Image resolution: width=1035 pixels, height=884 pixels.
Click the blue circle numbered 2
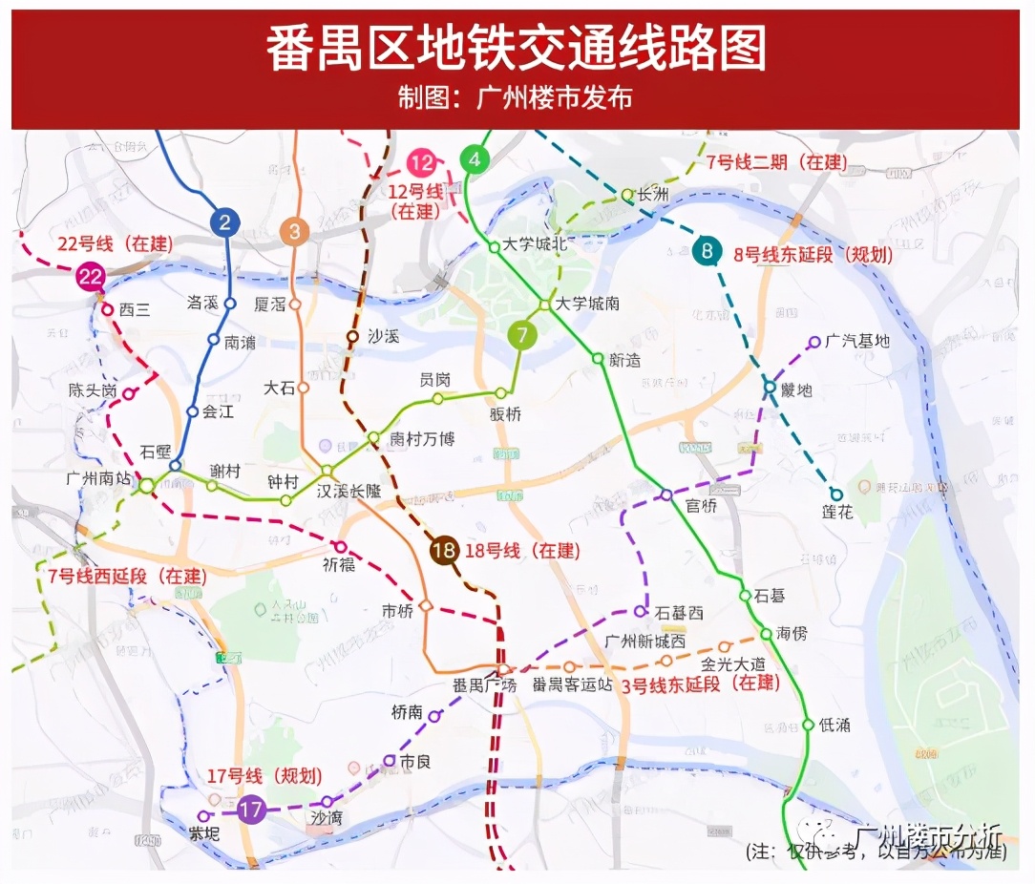(x=224, y=223)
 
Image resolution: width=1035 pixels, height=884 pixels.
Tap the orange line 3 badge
(x=294, y=231)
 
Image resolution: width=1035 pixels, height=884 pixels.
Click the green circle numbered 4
(x=475, y=159)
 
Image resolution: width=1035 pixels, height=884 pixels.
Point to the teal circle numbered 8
(x=708, y=252)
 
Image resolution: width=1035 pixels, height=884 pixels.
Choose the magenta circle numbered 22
(x=91, y=278)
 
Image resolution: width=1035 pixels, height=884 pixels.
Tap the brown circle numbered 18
(x=443, y=550)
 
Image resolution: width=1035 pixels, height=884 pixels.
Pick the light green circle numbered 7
(x=521, y=335)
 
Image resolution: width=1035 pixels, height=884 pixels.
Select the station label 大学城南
(x=588, y=304)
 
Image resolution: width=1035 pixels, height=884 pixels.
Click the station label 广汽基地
(x=857, y=341)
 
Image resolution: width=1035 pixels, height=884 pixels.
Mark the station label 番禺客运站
(x=573, y=684)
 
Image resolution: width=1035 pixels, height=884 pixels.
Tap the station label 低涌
(x=834, y=725)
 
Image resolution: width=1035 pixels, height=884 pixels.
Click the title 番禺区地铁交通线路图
(x=517, y=50)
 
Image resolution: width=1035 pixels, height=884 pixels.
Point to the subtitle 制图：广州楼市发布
(x=517, y=98)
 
